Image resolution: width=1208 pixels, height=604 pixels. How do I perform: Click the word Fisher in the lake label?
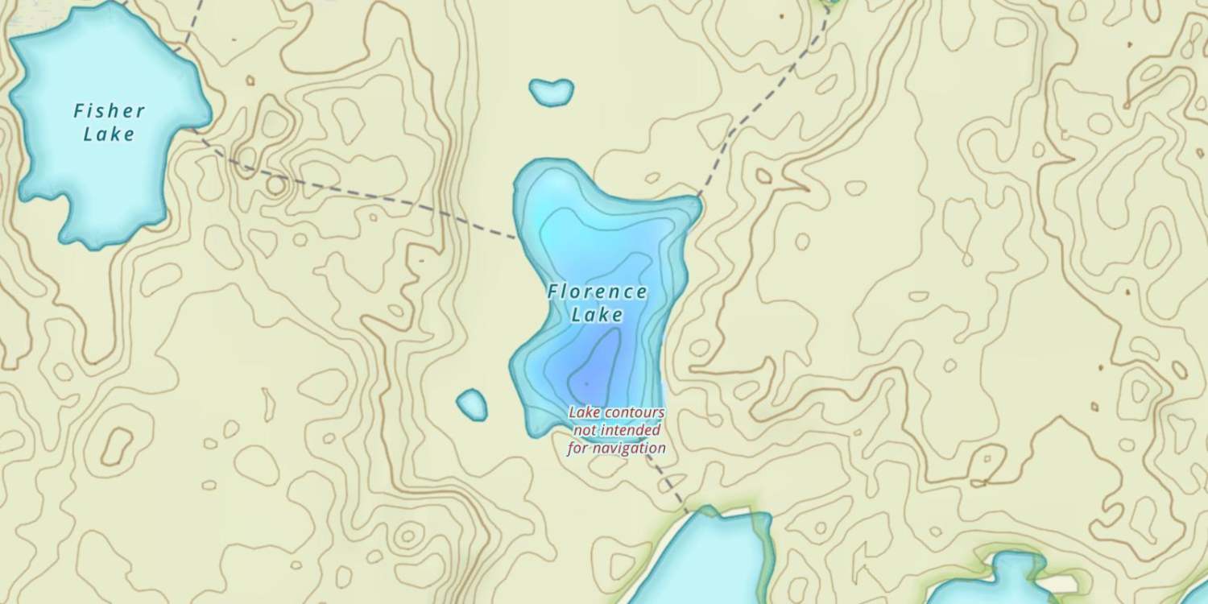[x=109, y=111]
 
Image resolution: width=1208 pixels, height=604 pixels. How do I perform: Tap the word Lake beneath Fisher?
[x=109, y=134]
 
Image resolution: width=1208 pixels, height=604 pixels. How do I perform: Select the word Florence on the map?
[x=597, y=292]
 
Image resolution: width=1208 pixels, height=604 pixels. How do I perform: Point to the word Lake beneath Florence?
[x=597, y=314]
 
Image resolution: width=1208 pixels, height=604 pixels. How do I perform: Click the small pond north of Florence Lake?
[x=552, y=92]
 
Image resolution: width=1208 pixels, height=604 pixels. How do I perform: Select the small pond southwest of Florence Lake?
[x=472, y=404]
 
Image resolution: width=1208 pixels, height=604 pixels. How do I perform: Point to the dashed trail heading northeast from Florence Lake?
[x=765, y=101]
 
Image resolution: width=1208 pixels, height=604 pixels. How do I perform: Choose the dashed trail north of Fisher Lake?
[x=190, y=28]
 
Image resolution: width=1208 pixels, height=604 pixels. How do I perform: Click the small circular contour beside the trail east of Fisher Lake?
[x=275, y=185]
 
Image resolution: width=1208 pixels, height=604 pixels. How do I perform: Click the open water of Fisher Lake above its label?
[x=97, y=64]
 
